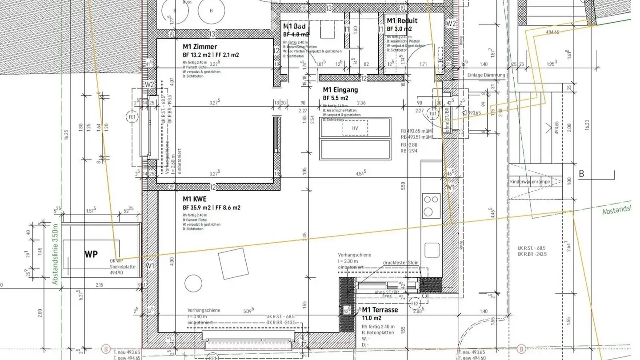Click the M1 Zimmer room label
200,47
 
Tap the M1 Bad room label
294,27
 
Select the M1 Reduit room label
402,21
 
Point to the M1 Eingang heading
340,90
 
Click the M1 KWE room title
195,200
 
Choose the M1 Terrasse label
380,310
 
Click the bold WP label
91,255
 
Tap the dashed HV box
355,128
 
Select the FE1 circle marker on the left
132,117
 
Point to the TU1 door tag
432,113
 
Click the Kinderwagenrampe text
530,182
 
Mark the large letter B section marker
581,174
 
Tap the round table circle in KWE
193,283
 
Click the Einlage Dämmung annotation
486,75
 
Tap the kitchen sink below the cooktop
432,250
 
